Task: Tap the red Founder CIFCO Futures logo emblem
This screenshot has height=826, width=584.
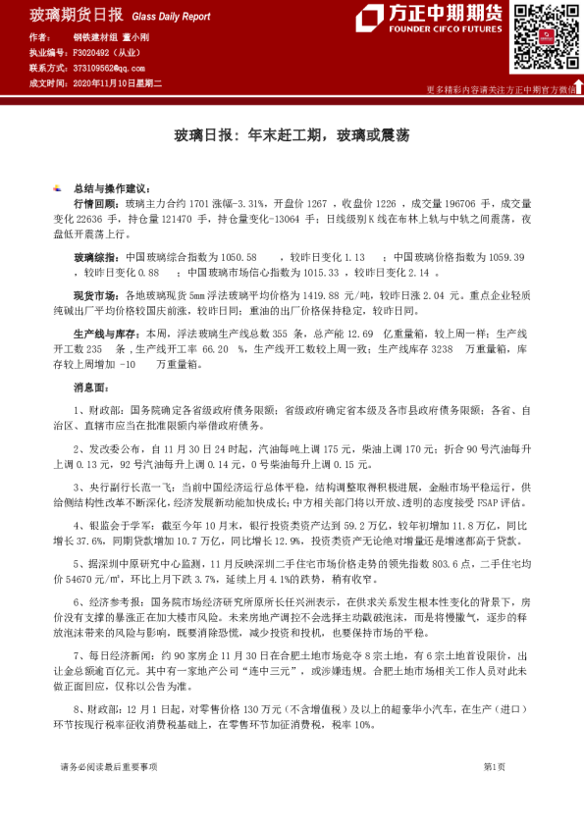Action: point(370,20)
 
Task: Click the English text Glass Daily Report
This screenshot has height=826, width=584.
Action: point(171,17)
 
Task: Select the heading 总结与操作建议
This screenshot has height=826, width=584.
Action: point(110,187)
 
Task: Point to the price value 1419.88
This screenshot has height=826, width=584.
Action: point(292,295)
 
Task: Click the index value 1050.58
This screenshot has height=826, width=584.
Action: point(238,257)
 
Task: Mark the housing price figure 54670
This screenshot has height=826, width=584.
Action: point(112,579)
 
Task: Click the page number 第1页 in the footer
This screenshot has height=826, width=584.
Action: point(494,793)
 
